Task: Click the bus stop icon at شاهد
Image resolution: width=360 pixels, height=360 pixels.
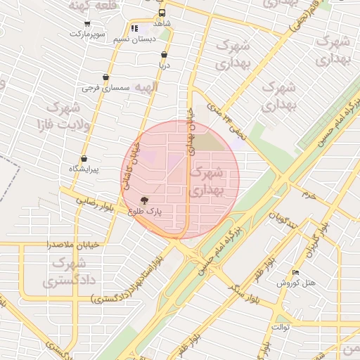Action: pyautogui.click(x=162, y=13)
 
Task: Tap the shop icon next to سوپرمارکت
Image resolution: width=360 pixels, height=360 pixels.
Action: pyautogui.click(x=77, y=23)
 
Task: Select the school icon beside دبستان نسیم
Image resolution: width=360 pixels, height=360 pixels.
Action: pyautogui.click(x=134, y=29)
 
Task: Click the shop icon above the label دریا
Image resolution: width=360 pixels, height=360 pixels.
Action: pyautogui.click(x=164, y=54)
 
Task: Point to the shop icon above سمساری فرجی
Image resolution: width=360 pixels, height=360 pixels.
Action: pyautogui.click(x=105, y=77)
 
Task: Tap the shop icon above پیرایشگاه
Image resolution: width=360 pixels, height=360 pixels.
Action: pyautogui.click(x=84, y=159)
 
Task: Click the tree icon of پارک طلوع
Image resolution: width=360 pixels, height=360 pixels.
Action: pyautogui.click(x=145, y=200)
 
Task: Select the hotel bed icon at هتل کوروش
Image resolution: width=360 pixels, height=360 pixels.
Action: pyautogui.click(x=295, y=272)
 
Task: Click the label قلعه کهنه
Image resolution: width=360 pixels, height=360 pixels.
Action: pyautogui.click(x=89, y=5)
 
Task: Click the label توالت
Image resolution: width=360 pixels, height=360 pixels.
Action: pyautogui.click(x=280, y=327)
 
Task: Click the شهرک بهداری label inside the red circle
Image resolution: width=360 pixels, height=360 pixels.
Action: pyautogui.click(x=208, y=180)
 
